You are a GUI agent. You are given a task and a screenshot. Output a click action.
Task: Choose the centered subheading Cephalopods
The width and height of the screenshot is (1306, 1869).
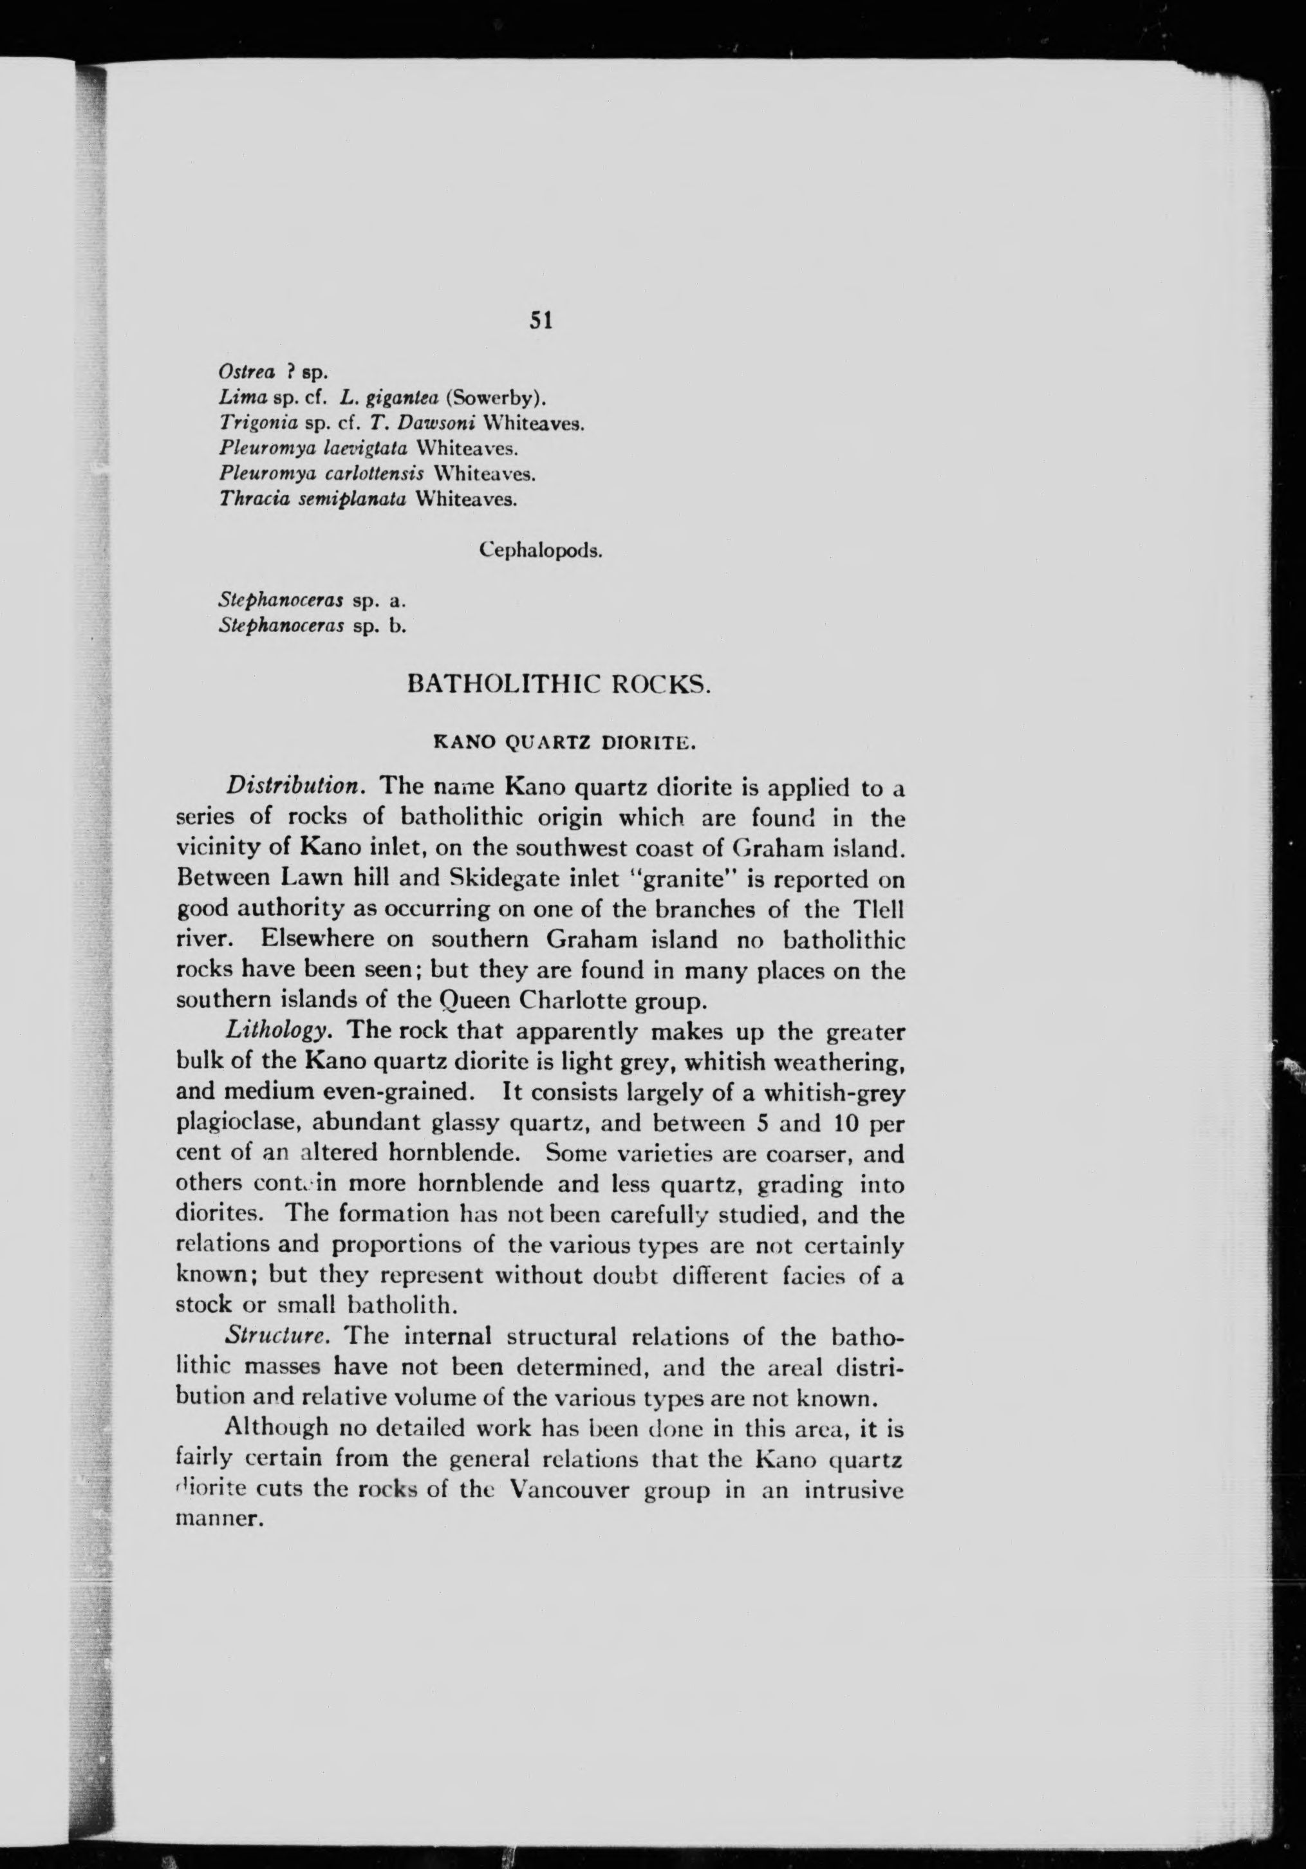coord(541,550)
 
